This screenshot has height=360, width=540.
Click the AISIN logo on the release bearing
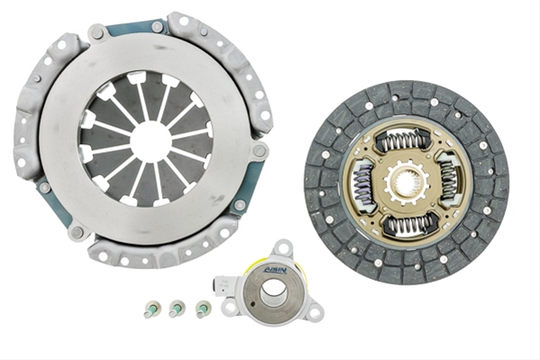coord(275,270)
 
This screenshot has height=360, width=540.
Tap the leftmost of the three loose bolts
coord(151,309)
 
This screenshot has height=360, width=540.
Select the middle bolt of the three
coord(176,309)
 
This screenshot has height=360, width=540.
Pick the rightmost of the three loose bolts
coord(203,309)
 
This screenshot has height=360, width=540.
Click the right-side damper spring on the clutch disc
coord(448,180)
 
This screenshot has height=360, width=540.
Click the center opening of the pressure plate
coord(151,138)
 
